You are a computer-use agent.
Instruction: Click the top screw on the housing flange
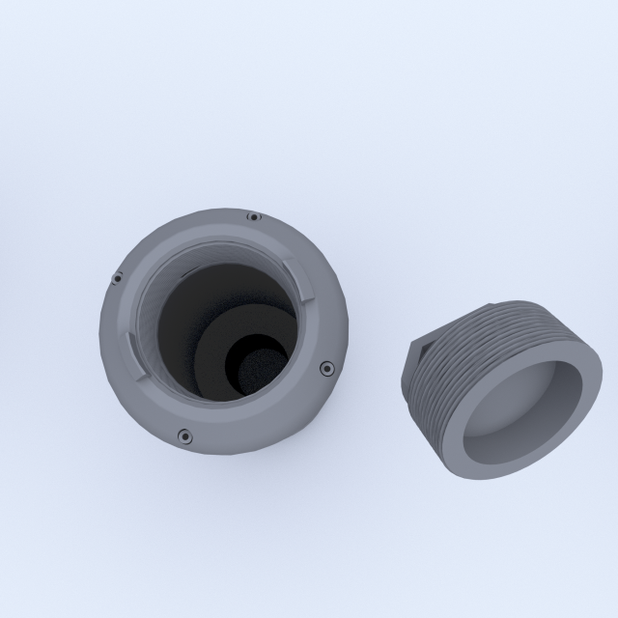(253, 217)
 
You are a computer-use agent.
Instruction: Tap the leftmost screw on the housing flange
(118, 279)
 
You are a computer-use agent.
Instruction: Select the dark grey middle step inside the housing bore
(217, 338)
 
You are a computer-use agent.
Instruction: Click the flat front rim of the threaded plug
(570, 425)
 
